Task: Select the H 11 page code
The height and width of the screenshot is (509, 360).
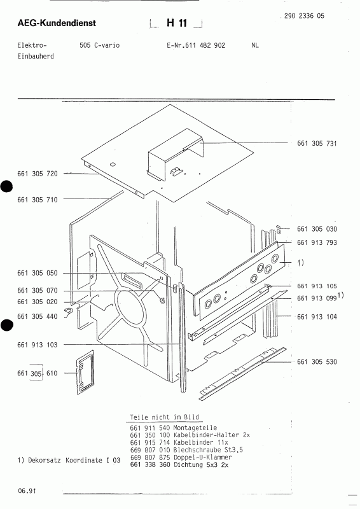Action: [x=176, y=24]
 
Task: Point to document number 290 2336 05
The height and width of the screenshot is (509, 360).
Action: [x=301, y=16]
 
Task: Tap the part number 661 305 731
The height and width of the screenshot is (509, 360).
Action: [x=316, y=143]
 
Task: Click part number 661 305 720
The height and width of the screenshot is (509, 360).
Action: [x=38, y=173]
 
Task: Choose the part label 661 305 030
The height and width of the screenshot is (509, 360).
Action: [x=316, y=229]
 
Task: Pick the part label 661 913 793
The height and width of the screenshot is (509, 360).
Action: [x=316, y=243]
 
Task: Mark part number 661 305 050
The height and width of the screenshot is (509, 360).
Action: [x=38, y=273]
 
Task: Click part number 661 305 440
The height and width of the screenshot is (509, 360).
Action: [x=38, y=316]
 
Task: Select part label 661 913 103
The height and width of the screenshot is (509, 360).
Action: [x=38, y=344]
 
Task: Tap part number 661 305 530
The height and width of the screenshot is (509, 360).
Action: [x=316, y=361]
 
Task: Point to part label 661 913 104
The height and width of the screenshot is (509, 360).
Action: [x=316, y=316]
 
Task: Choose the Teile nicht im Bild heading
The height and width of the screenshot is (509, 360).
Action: [x=156, y=417]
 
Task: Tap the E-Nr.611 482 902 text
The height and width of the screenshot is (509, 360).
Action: [x=196, y=46]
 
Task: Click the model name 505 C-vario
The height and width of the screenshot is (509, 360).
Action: [x=100, y=46]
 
